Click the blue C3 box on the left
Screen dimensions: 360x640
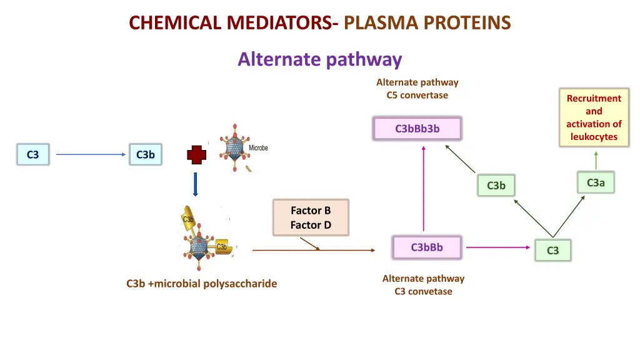click(33, 154)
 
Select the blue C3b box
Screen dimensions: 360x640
click(145, 154)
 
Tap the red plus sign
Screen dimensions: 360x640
click(196, 155)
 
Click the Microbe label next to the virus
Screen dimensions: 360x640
click(259, 148)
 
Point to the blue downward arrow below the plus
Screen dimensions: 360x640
click(195, 184)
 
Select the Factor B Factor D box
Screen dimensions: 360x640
click(311, 217)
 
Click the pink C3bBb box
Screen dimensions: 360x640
click(426, 247)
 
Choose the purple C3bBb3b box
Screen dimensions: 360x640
click(417, 129)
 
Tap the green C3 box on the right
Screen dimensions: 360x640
click(552, 251)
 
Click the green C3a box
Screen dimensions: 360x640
click(596, 182)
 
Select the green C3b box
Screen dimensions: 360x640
click(496, 186)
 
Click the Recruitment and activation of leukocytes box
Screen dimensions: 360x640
click(594, 117)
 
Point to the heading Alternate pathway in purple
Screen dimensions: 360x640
click(319, 59)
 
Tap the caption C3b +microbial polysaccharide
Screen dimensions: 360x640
click(201, 284)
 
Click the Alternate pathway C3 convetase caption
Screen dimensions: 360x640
click(423, 285)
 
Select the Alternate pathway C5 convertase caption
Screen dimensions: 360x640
click(417, 89)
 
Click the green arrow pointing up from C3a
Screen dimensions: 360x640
click(596, 159)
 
